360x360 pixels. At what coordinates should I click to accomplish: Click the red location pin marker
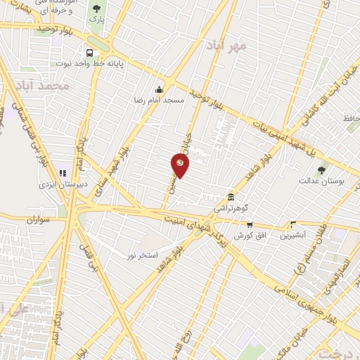pos(180,165)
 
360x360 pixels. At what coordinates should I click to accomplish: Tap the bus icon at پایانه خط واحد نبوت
pos(89,53)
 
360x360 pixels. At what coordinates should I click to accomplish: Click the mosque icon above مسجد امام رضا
pos(160,89)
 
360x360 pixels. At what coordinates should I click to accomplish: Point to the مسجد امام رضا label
pos(160,101)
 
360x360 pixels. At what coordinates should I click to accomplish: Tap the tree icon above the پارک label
pos(96,8)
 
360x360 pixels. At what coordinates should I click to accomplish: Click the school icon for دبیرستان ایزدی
pos(63,172)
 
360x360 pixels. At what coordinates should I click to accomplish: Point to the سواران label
pos(41,219)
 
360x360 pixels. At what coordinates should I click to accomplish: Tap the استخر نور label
pos(141,254)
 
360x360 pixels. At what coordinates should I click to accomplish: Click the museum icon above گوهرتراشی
pos(231,198)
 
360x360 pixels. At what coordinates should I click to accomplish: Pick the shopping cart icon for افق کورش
pos(250,224)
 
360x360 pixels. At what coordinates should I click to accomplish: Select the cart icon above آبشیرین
pos(293,225)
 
